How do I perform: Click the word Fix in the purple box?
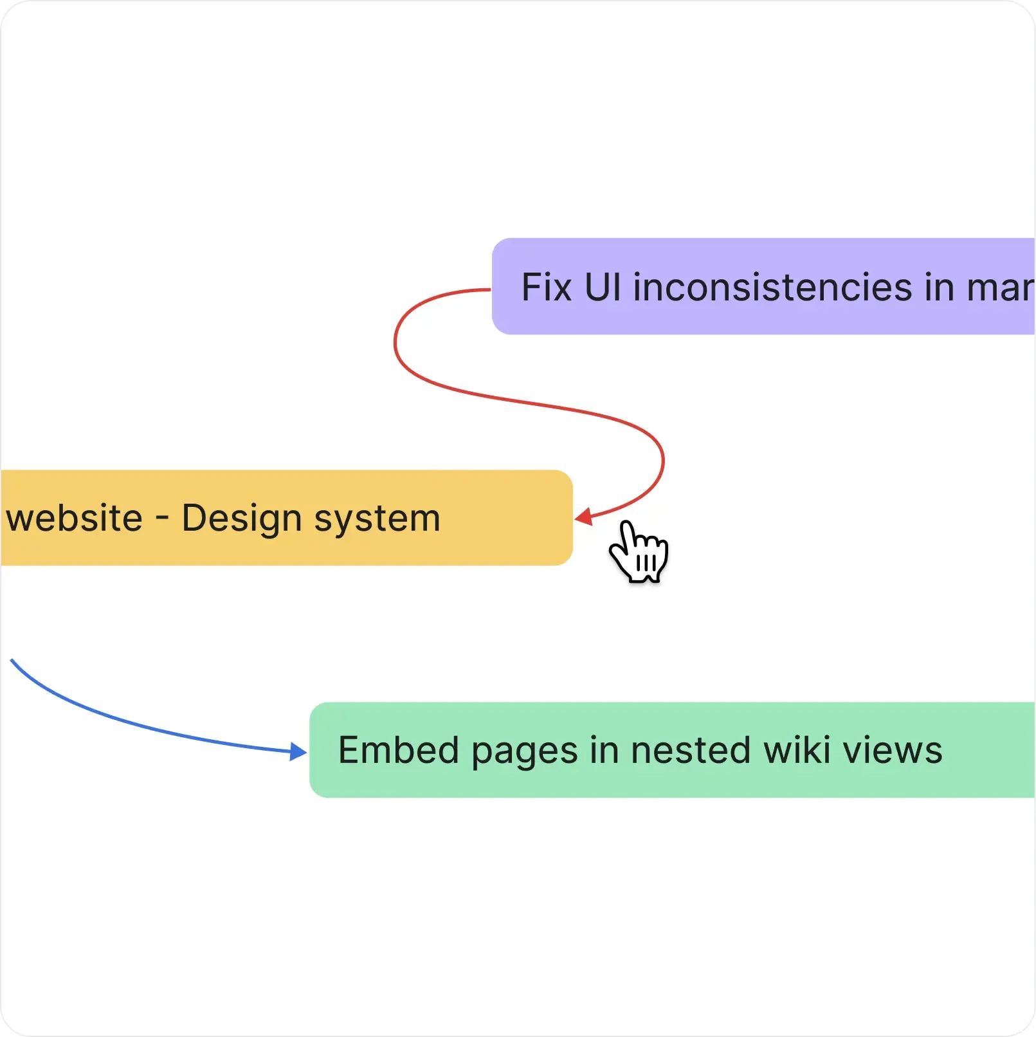(x=546, y=287)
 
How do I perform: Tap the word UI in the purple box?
(x=603, y=287)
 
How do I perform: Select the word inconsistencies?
(x=772, y=287)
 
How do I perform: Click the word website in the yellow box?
(x=75, y=518)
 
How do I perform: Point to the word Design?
(x=242, y=518)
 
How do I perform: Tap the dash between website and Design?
(x=162, y=518)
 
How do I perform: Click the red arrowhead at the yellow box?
(x=584, y=517)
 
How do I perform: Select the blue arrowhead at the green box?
(x=298, y=751)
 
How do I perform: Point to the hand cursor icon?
(x=638, y=553)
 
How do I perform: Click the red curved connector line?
(x=514, y=399)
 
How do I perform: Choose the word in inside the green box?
(x=604, y=750)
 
